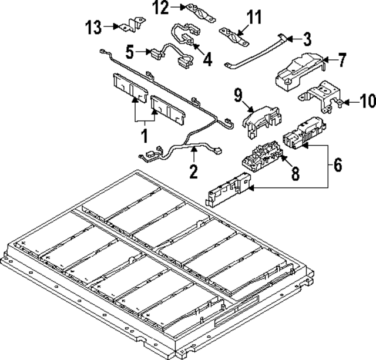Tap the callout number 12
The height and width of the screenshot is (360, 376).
[x=161, y=8]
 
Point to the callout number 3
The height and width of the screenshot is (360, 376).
[x=307, y=39]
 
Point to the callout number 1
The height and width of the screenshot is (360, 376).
[x=143, y=137]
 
